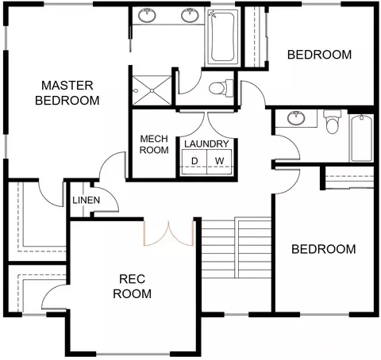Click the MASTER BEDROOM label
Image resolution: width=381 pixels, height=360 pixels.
click(x=67, y=93)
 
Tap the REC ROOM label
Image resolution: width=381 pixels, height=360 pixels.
click(x=132, y=286)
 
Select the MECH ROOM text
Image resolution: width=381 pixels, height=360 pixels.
click(x=154, y=144)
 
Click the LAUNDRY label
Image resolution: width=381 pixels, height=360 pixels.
click(x=206, y=144)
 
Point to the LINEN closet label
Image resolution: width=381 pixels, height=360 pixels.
click(x=87, y=200)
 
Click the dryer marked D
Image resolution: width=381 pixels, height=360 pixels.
click(x=194, y=162)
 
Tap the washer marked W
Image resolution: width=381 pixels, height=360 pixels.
click(x=219, y=162)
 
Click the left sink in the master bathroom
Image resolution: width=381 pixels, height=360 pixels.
click(x=147, y=15)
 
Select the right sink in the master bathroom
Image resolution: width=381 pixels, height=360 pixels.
click(x=190, y=15)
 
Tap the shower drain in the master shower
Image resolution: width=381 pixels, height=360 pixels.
click(x=152, y=90)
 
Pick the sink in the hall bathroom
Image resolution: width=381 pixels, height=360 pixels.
click(x=296, y=118)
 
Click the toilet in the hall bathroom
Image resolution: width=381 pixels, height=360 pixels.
click(x=333, y=122)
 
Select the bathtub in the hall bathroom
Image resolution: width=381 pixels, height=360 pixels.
click(x=361, y=138)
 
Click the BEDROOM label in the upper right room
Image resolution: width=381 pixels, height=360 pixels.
click(x=319, y=55)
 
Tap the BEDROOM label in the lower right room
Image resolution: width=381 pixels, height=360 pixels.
click(x=323, y=249)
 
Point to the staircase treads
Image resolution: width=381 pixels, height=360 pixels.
click(x=237, y=247)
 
